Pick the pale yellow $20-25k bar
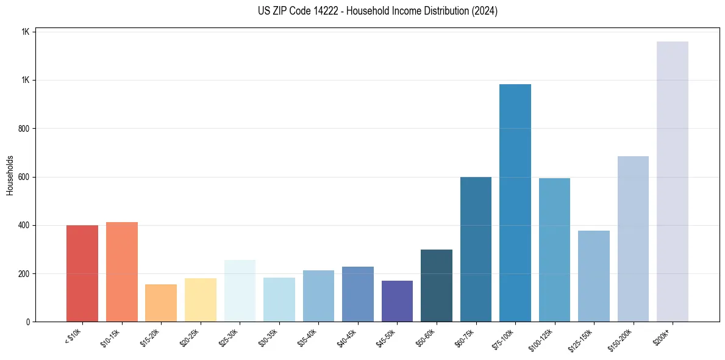tap(201, 300)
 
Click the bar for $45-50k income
tap(397, 301)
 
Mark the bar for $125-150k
tap(594, 276)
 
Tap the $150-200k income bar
tap(633, 239)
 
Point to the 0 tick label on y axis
tap(27, 322)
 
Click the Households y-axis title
tap(10, 175)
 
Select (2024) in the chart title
tap(485, 11)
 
